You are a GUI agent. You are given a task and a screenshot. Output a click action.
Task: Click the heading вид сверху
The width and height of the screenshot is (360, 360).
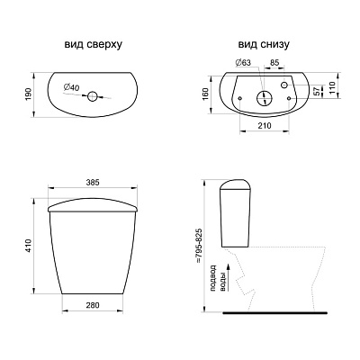pos(94,44)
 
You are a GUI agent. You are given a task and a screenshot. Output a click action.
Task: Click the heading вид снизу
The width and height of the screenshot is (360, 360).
pos(264,44)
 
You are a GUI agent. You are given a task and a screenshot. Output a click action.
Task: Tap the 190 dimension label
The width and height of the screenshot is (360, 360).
pos(28,94)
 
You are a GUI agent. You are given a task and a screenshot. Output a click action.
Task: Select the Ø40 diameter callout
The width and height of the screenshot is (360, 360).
pos(71,87)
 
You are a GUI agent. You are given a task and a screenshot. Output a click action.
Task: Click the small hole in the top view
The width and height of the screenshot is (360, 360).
pos(93,96)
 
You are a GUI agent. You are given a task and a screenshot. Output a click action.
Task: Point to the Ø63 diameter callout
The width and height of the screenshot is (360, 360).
pos(243,62)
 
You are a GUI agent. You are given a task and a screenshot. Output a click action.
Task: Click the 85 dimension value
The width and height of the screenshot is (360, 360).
pos(274,62)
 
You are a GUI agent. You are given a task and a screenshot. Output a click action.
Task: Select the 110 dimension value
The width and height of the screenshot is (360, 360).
pos(332,88)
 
